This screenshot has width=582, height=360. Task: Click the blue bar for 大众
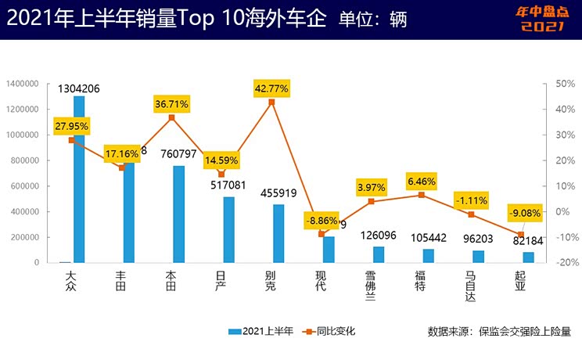[x=79, y=180]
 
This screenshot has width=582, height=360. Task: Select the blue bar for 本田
[x=179, y=214]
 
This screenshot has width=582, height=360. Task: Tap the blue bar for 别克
[x=278, y=233]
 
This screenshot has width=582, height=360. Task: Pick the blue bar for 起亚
[x=528, y=257]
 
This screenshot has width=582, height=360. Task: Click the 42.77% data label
[x=271, y=88]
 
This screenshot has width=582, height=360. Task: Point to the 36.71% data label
[x=171, y=103]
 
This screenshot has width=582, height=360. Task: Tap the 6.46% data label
[x=421, y=181]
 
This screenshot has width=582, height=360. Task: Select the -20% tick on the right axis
[x=562, y=263]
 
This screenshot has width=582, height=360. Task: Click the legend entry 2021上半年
[x=262, y=331]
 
